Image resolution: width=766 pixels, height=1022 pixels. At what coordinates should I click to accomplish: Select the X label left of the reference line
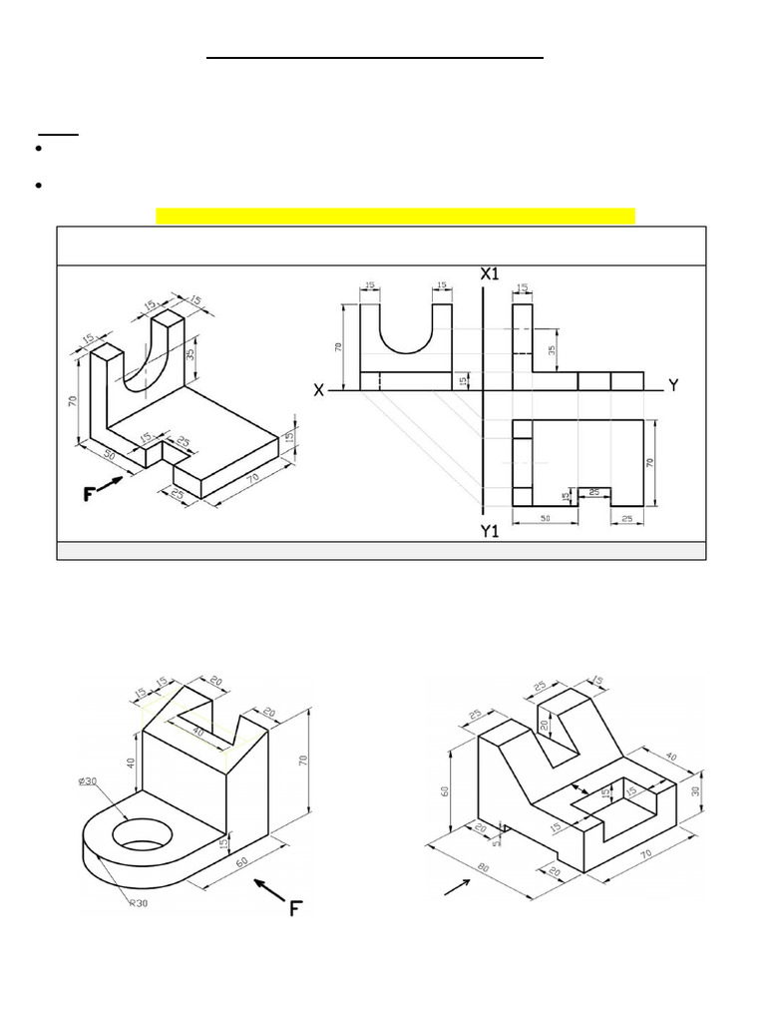[319, 391]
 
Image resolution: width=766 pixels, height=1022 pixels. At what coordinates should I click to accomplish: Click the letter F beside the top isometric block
[89, 493]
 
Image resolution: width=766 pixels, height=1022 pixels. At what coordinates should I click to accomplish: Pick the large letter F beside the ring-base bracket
[295, 908]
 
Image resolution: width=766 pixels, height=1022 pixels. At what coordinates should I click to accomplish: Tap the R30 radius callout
[139, 903]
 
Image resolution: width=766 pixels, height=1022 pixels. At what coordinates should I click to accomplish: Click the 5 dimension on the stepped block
[494, 839]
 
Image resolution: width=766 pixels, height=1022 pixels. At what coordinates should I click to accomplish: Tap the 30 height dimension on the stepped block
[695, 789]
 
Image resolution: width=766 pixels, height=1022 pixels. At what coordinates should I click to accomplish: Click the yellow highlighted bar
[395, 217]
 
